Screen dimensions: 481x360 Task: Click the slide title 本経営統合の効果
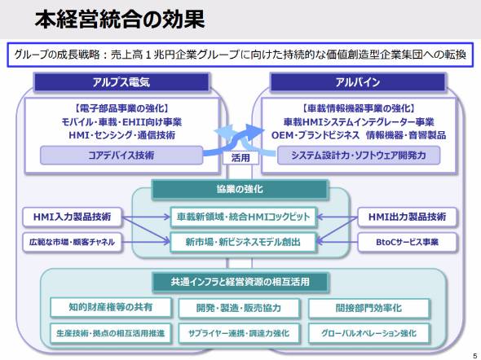point(120,20)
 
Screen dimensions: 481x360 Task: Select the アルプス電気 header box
point(121,82)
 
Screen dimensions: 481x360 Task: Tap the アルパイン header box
point(358,82)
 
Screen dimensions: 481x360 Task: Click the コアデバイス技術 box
point(121,156)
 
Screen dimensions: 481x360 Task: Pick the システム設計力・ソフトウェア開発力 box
point(359,156)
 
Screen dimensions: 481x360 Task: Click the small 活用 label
point(240,158)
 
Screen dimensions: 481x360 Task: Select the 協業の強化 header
point(240,189)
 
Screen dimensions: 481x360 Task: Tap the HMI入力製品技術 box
point(72,217)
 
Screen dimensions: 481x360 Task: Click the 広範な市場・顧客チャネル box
point(72,242)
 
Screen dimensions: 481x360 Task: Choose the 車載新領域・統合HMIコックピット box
point(243,217)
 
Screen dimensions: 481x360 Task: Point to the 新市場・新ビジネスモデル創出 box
point(243,242)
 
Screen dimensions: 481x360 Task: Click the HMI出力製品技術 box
point(407,217)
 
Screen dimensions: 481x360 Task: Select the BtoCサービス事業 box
point(407,242)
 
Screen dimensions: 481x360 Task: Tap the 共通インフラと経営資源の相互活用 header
point(240,282)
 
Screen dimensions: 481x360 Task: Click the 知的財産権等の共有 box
point(111,307)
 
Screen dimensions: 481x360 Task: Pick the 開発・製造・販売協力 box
point(239,308)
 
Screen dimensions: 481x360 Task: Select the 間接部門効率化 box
point(368,308)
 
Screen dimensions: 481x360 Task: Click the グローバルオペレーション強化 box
point(368,333)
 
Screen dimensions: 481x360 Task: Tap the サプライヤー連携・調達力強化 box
point(239,333)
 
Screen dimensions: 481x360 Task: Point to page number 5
point(475,356)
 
